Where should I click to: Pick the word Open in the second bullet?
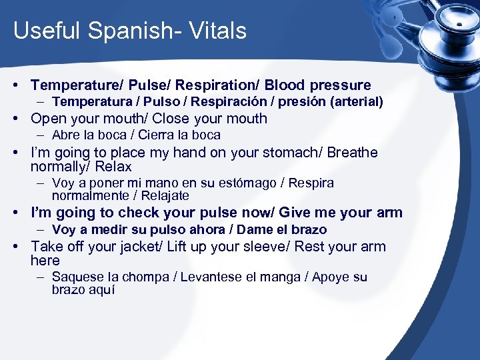tap(49, 119)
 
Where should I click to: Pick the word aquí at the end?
tap(101, 290)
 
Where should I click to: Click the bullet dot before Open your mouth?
tap(21, 119)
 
